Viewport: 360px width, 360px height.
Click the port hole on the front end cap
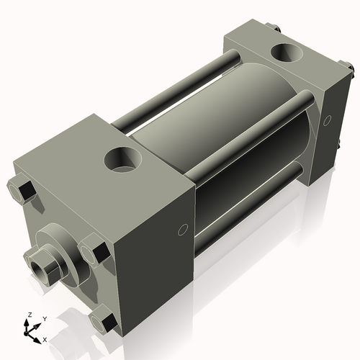pos(122,158)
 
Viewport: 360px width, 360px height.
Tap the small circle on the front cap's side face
pos(182,230)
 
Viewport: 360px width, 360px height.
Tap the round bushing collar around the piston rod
pos(58,248)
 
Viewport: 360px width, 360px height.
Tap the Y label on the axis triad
pos(44,318)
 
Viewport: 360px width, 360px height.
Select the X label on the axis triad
pos(45,338)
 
